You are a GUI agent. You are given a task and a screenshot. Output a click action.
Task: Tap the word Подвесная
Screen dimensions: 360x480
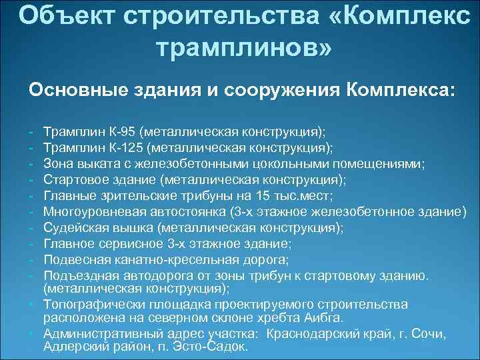click(73, 260)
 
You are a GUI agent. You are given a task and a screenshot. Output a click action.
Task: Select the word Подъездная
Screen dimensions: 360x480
click(78, 276)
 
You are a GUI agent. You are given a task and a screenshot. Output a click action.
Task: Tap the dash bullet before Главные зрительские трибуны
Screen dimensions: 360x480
click(33, 196)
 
